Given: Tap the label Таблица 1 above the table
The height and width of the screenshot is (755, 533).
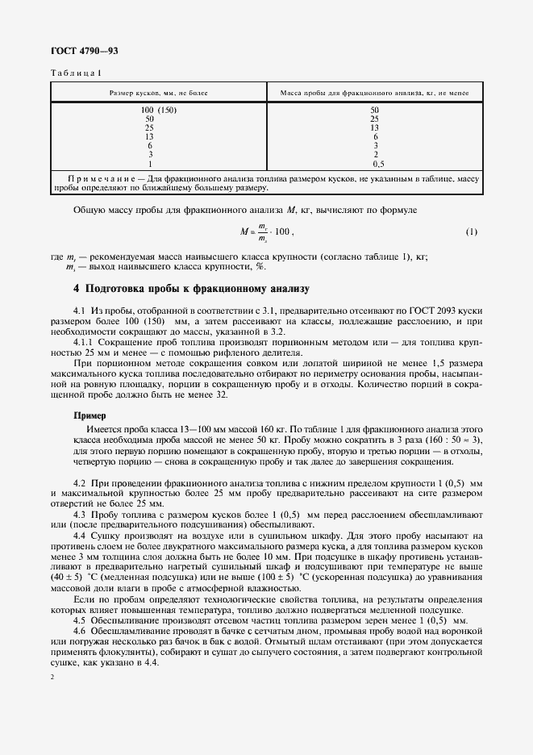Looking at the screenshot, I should pos(76,73).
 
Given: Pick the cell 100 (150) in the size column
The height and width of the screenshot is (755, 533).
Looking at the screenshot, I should pos(158,110).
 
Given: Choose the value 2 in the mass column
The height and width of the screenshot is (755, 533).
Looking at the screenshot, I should pos(374,153).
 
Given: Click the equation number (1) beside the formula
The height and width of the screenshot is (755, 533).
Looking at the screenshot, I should pos(472,232).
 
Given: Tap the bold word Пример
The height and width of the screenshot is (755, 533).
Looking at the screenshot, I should pos(89,415).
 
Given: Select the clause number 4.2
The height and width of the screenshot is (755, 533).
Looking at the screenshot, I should pos(80,482).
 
